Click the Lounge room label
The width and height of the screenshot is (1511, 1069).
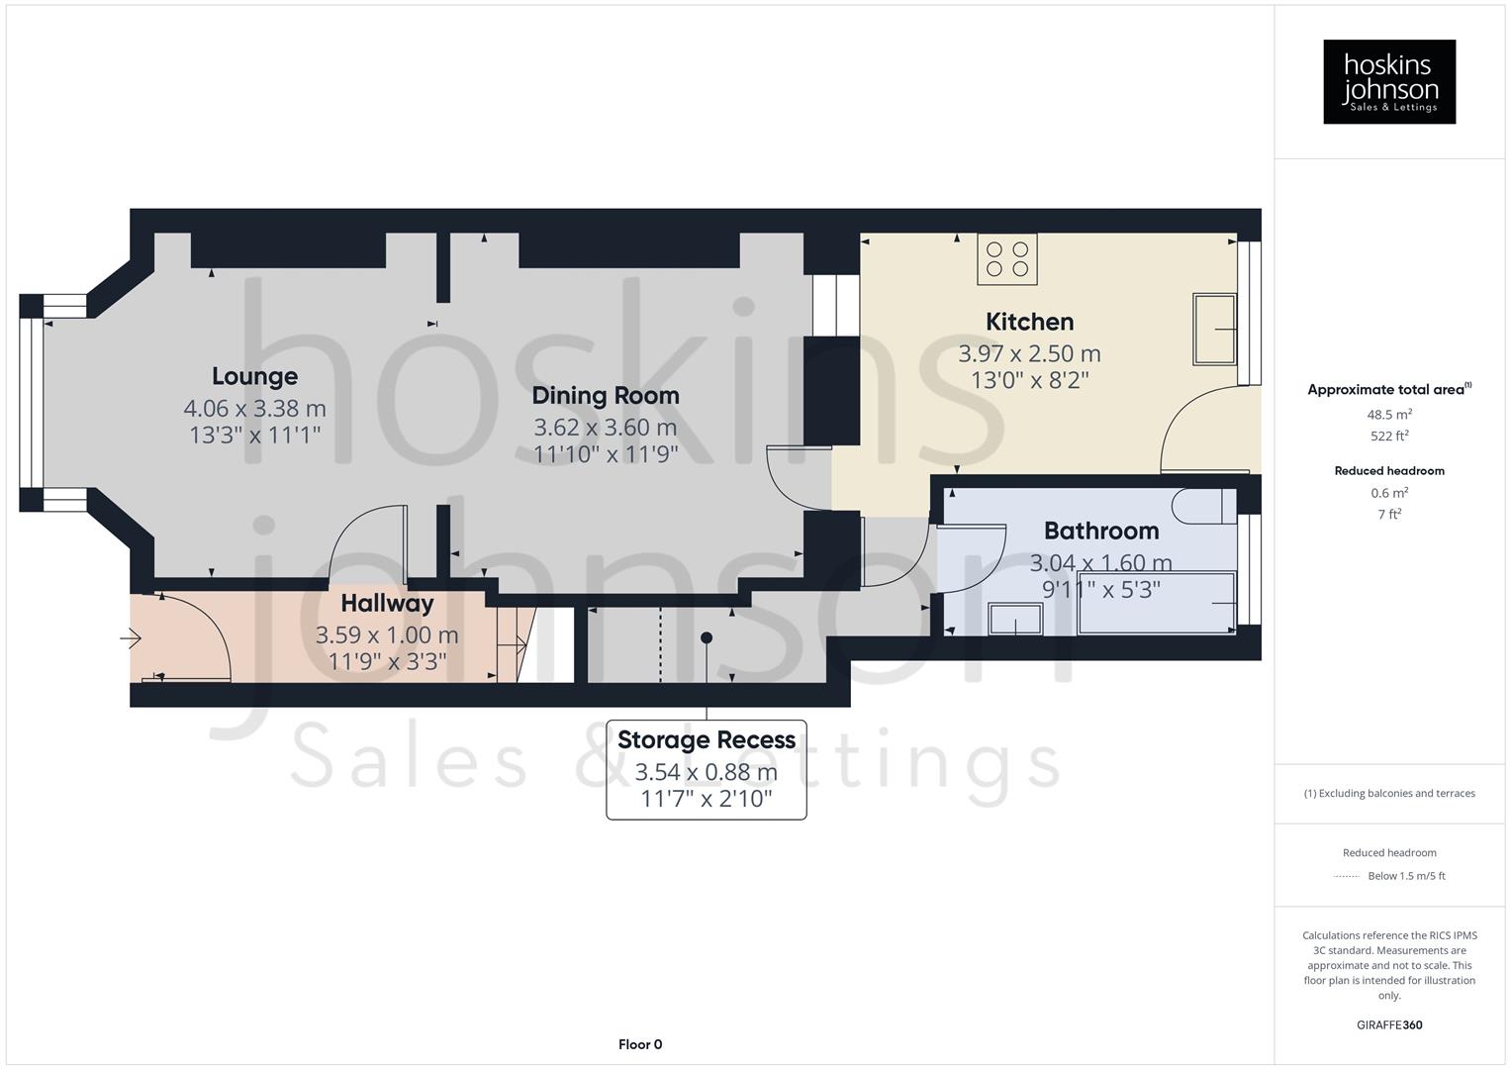pyautogui.click(x=254, y=376)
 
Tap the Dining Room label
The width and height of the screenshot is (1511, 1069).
pyautogui.click(x=606, y=395)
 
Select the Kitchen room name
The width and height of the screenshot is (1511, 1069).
pyautogui.click(x=1029, y=322)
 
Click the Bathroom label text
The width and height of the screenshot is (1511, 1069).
pyautogui.click(x=1101, y=531)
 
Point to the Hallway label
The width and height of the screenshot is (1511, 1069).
pyautogui.click(x=387, y=603)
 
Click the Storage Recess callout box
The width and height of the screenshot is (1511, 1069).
pyautogui.click(x=706, y=769)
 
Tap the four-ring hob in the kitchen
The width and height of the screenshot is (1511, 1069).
pyautogui.click(x=1007, y=259)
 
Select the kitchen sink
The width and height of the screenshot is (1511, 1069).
pyautogui.click(x=1214, y=329)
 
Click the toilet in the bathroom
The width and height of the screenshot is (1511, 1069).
pyautogui.click(x=1200, y=506)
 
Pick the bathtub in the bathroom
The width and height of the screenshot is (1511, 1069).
pyautogui.click(x=1156, y=603)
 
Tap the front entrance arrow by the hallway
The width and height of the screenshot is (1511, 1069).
pyautogui.click(x=131, y=638)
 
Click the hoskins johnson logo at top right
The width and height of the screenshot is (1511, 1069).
pyautogui.click(x=1389, y=82)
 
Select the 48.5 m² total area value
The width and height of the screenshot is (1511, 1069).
pyautogui.click(x=1389, y=415)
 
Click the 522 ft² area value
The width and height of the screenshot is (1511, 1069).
pyautogui.click(x=1389, y=436)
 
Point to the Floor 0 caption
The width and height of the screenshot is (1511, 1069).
pyautogui.click(x=640, y=1044)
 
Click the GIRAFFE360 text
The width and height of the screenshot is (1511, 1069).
pyautogui.click(x=1389, y=1024)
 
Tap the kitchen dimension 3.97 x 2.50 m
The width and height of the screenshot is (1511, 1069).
pyautogui.click(x=1029, y=353)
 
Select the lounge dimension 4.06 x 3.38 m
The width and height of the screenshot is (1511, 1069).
pyautogui.click(x=254, y=408)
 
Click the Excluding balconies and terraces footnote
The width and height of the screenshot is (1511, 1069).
pyautogui.click(x=1389, y=793)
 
